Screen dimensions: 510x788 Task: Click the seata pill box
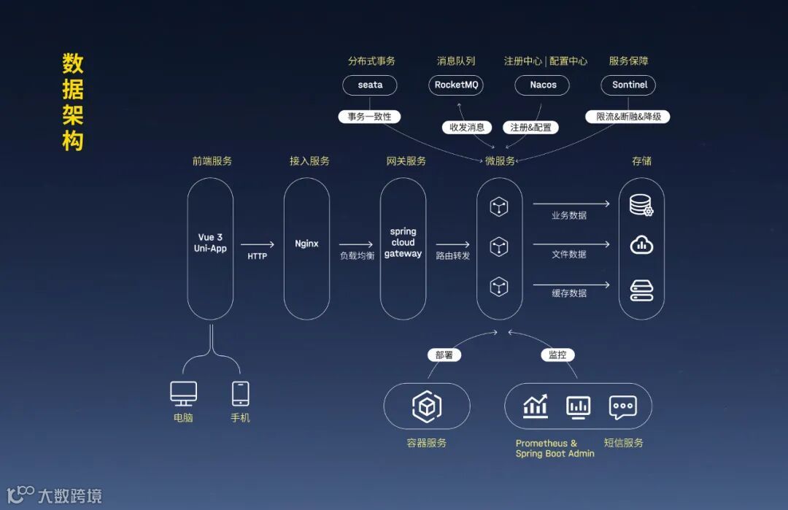[x=370, y=85]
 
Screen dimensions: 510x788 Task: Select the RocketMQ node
[x=456, y=85]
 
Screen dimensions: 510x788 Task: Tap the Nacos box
[x=543, y=85]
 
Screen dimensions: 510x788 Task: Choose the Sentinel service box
[x=629, y=85]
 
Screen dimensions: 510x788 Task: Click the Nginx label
[x=306, y=244]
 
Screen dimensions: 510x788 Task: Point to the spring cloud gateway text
[x=403, y=243]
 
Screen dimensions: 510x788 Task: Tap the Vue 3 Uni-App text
[x=210, y=243]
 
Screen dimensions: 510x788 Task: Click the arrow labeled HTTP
[x=258, y=245]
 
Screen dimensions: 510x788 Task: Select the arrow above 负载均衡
[x=356, y=245]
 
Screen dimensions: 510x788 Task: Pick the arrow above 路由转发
[x=453, y=245]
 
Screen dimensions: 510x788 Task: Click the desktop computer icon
[x=183, y=394]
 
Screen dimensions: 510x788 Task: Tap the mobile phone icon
[x=240, y=394]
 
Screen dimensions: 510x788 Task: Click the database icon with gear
[x=641, y=206]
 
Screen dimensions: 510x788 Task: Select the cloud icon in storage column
[x=641, y=245]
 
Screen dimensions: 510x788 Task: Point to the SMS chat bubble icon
[x=622, y=407]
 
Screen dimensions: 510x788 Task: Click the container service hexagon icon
[x=427, y=407]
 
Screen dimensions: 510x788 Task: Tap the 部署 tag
[x=444, y=355]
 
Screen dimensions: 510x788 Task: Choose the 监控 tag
[x=557, y=355]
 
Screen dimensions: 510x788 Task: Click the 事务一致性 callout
[x=369, y=117]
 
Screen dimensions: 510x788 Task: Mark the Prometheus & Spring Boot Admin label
[x=555, y=448]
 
